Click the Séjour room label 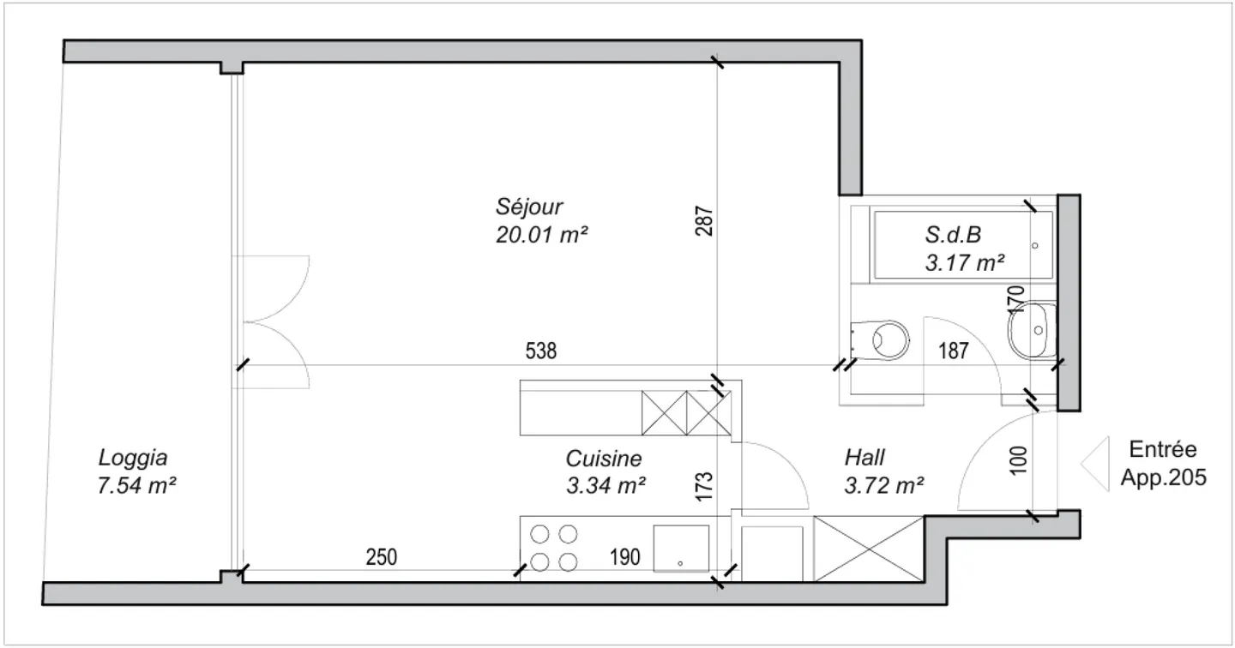click(x=528, y=207)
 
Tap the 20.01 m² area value click(x=541, y=235)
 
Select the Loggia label click(x=132, y=459)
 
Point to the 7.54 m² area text click(x=136, y=485)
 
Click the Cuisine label click(x=604, y=459)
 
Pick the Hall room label click(x=864, y=458)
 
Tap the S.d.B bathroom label click(x=953, y=235)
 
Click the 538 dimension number click(x=541, y=351)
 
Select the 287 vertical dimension click(x=704, y=221)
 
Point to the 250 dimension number click(x=381, y=557)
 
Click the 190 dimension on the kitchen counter click(x=624, y=557)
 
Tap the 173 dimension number click(x=704, y=487)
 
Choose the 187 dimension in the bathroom click(x=954, y=351)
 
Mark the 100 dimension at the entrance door click(x=1018, y=460)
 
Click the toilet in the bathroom click(x=880, y=340)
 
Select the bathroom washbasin click(x=1032, y=330)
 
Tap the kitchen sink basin click(x=681, y=549)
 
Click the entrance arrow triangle click(x=1095, y=464)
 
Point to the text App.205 click(x=1163, y=477)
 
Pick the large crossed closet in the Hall click(x=868, y=549)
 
